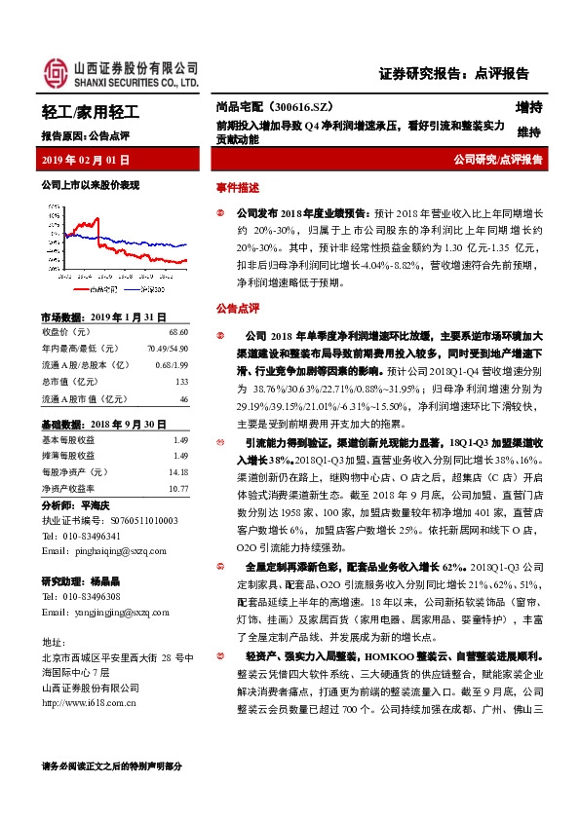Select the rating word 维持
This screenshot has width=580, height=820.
click(x=529, y=132)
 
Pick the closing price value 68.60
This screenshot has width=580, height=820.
click(x=178, y=332)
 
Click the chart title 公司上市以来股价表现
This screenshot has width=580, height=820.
click(x=91, y=184)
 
